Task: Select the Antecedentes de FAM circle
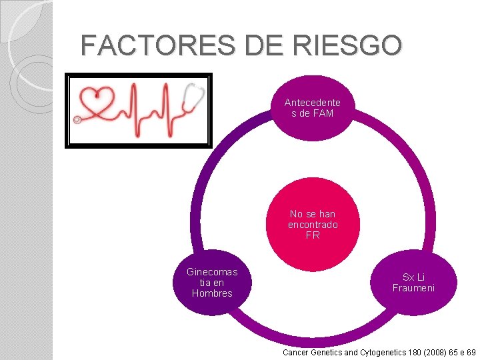(x=312, y=107)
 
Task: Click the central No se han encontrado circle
(x=312, y=225)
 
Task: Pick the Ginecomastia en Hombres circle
(x=211, y=283)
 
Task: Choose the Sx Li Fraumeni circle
(x=413, y=283)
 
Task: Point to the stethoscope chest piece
(x=77, y=120)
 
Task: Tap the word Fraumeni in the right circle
(x=413, y=288)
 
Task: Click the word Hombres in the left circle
(x=211, y=293)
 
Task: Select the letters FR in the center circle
(x=312, y=235)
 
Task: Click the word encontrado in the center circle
(x=312, y=225)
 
